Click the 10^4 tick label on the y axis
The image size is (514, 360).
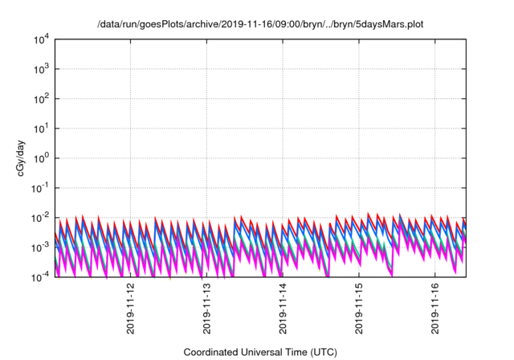coord(42,39)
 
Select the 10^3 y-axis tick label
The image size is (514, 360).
coord(42,69)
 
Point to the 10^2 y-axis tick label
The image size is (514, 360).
coord(42,99)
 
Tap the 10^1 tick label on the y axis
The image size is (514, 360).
coord(42,129)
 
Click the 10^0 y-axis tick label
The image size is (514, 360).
coord(42,158)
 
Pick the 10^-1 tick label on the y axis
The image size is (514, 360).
coord(41,188)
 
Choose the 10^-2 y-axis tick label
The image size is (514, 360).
coord(41,218)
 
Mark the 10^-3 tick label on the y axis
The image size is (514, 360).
coord(41,247)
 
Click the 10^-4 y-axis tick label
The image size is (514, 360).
coord(41,277)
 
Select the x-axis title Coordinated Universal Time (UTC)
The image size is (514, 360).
coord(260,352)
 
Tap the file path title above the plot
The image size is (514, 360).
coord(260,24)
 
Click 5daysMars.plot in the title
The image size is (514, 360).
coord(389,24)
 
